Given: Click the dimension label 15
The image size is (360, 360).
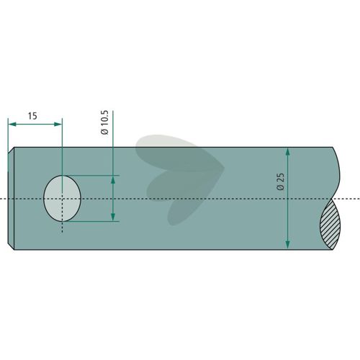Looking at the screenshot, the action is [32, 116].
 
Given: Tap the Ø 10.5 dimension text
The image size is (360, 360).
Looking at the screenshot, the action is [104, 122].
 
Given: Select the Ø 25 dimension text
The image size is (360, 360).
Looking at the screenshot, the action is [280, 181].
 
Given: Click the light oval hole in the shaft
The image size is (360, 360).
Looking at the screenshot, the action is [62, 199].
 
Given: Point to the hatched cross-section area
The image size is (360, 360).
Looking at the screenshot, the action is [330, 225].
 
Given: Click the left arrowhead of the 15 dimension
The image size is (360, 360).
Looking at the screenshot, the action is [12, 124].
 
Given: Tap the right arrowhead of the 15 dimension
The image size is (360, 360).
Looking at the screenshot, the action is [58, 124].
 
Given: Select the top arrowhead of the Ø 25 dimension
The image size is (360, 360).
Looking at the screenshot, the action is [288, 152].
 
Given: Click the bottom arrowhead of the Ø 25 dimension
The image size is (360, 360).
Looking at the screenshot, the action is [288, 245].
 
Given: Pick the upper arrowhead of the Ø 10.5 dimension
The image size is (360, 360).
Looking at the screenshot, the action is [113, 180].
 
